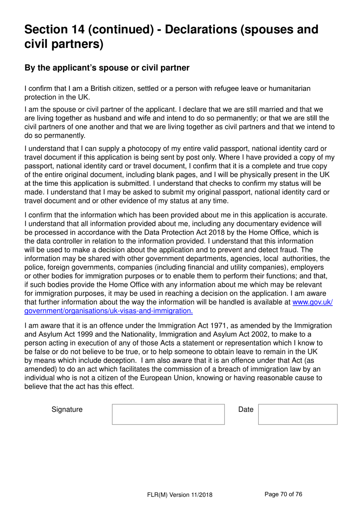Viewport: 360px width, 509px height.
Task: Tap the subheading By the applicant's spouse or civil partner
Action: pyautogui.click(x=107, y=68)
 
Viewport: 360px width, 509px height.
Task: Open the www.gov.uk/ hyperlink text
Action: pyautogui.click(x=312, y=302)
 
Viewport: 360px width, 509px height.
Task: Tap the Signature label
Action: pyautogui.click(x=67, y=410)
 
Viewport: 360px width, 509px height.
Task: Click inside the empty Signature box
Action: pyautogui.click(x=168, y=414)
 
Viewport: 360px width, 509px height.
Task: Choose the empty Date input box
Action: pyautogui.click(x=297, y=414)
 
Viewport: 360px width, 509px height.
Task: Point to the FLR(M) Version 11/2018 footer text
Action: pyautogui.click(x=180, y=495)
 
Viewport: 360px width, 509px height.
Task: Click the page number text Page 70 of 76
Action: pyautogui.click(x=283, y=494)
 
